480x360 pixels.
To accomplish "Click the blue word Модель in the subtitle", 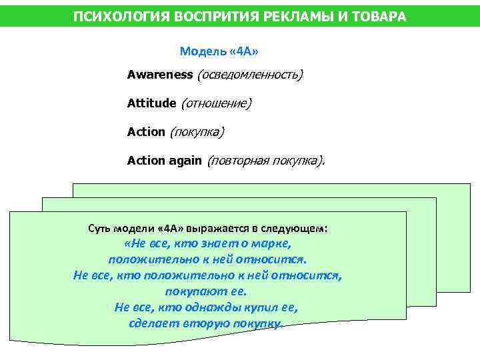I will coord(199,51).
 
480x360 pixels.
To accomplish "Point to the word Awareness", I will coord(159,75).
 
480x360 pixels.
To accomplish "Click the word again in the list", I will coord(185,161).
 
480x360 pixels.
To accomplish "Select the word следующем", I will coord(297,227).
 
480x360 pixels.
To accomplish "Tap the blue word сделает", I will coord(153,323).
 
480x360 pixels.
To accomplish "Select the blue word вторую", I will coord(206,323).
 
